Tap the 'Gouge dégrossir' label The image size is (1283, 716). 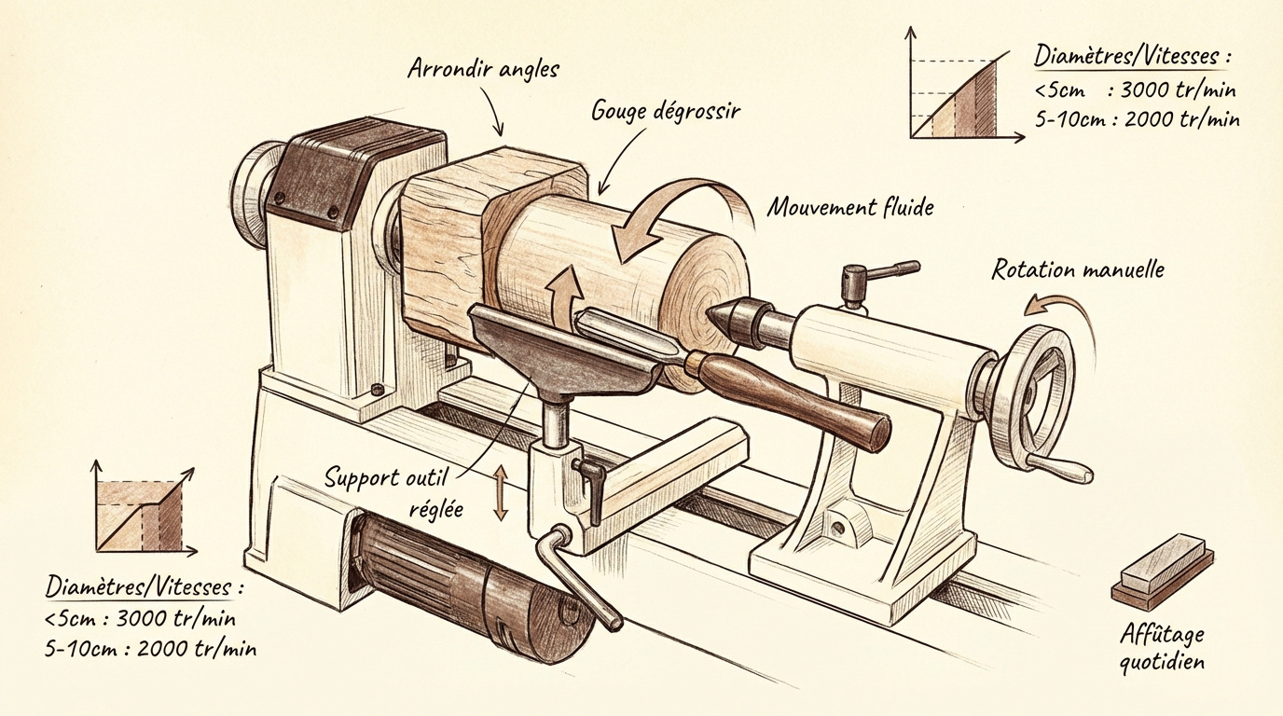[x=665, y=111]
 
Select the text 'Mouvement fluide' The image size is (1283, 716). [x=849, y=207]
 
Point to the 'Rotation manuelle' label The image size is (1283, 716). [x=1077, y=271]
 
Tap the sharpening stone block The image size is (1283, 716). [x=1163, y=567]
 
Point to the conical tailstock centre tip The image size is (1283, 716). [x=729, y=318]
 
